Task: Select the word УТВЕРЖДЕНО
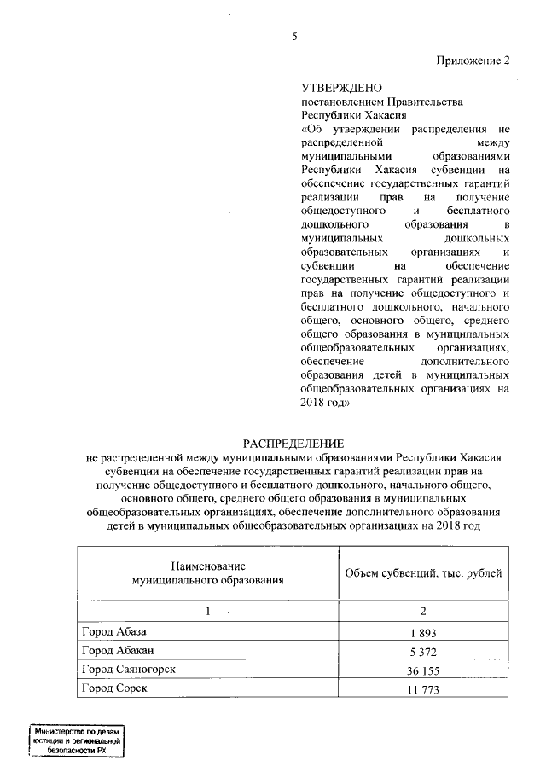(336, 87)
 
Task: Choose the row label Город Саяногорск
(129, 670)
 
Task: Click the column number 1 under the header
(207, 612)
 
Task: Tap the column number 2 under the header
(422, 612)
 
